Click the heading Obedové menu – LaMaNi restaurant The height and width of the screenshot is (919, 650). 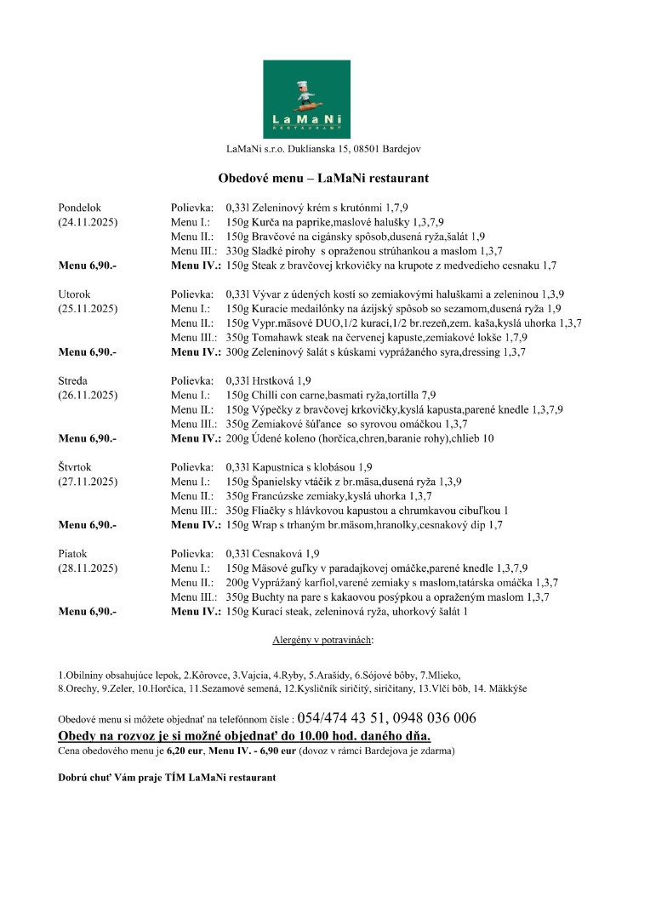(322, 179)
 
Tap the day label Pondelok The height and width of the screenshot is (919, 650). (79, 207)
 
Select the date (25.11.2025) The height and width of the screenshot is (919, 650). (87, 308)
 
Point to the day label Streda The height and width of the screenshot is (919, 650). (74, 380)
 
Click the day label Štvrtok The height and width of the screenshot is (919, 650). (77, 467)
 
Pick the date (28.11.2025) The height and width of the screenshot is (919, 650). (87, 568)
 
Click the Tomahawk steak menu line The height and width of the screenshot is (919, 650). (377, 337)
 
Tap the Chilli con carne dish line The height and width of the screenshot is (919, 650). (331, 395)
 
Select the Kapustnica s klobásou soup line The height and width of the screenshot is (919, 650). (299, 467)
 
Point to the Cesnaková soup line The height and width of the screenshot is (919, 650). (272, 553)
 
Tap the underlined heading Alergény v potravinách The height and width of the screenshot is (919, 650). (322, 638)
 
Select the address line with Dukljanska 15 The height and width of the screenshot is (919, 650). (322, 150)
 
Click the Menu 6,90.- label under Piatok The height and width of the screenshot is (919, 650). (87, 611)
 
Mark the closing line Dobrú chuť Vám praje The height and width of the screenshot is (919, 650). (166, 778)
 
